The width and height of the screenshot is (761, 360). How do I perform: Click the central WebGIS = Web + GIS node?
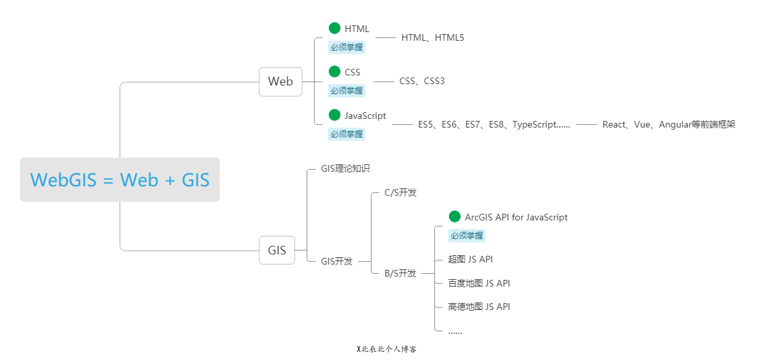(x=120, y=180)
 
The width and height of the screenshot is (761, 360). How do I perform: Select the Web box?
(x=281, y=81)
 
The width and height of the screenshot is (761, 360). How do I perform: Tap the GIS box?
(x=277, y=250)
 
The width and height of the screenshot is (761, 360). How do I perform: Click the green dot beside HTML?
(x=335, y=28)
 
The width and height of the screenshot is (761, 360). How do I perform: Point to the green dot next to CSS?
(x=335, y=71)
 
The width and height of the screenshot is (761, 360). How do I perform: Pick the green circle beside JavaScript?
(x=335, y=115)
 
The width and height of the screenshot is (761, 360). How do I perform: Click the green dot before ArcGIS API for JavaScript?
(x=455, y=216)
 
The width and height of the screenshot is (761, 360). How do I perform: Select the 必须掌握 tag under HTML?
(x=347, y=47)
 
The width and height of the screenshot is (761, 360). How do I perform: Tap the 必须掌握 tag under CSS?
(x=347, y=91)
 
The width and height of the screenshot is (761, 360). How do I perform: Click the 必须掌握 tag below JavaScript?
(x=347, y=134)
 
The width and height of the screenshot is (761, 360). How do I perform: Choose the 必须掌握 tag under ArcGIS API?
(x=466, y=236)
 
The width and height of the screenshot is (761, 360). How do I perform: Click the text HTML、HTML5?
(x=432, y=38)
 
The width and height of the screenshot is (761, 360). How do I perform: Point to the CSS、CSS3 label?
(x=422, y=81)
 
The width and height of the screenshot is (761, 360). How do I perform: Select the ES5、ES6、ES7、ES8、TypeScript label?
(x=494, y=125)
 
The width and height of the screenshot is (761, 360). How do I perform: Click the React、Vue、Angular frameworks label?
(x=668, y=125)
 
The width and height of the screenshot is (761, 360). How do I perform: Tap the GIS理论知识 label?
(x=345, y=169)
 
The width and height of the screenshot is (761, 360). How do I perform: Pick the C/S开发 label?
(x=400, y=193)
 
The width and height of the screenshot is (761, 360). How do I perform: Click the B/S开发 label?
(x=400, y=273)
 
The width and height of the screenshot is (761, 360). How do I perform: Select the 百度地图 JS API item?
(x=479, y=283)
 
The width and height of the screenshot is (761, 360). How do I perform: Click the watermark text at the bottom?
(x=386, y=349)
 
